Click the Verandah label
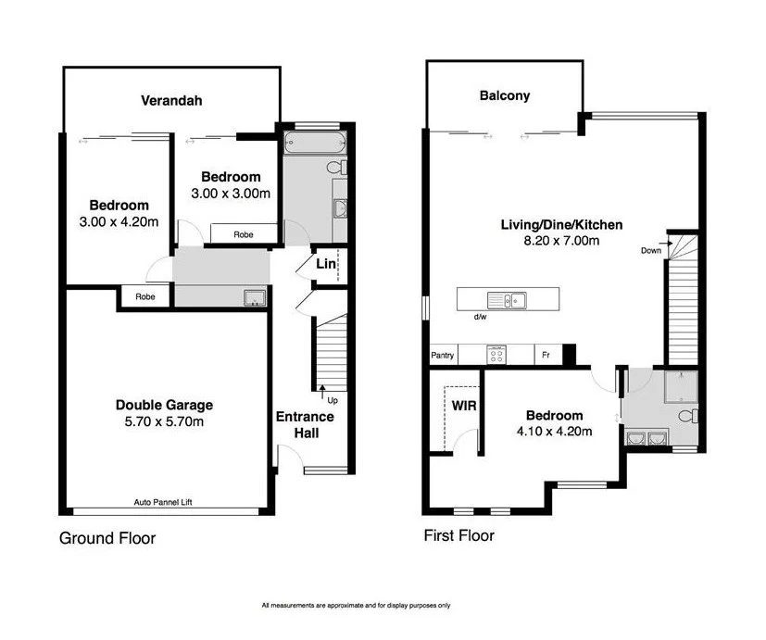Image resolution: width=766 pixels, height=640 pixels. (x=171, y=100)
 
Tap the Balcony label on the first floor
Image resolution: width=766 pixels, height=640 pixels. (x=504, y=95)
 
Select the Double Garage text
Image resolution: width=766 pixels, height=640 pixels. (x=164, y=405)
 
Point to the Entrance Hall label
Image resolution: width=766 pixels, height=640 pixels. (x=305, y=424)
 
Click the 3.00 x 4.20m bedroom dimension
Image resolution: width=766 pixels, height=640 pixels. (x=119, y=221)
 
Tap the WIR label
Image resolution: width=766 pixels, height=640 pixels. (x=463, y=406)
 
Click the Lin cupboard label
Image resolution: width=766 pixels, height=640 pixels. (x=325, y=264)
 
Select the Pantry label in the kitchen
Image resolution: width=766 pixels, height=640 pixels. (x=442, y=356)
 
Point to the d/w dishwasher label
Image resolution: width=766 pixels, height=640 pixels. (x=481, y=318)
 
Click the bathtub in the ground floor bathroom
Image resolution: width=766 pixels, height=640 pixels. (x=314, y=144)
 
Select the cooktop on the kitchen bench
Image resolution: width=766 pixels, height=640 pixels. (x=496, y=354)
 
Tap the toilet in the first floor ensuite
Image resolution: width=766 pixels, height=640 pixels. (x=686, y=416)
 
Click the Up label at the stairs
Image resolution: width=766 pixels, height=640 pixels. (x=331, y=400)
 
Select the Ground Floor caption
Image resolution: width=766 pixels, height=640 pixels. (x=107, y=538)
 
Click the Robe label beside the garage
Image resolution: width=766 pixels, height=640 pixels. (x=144, y=297)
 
